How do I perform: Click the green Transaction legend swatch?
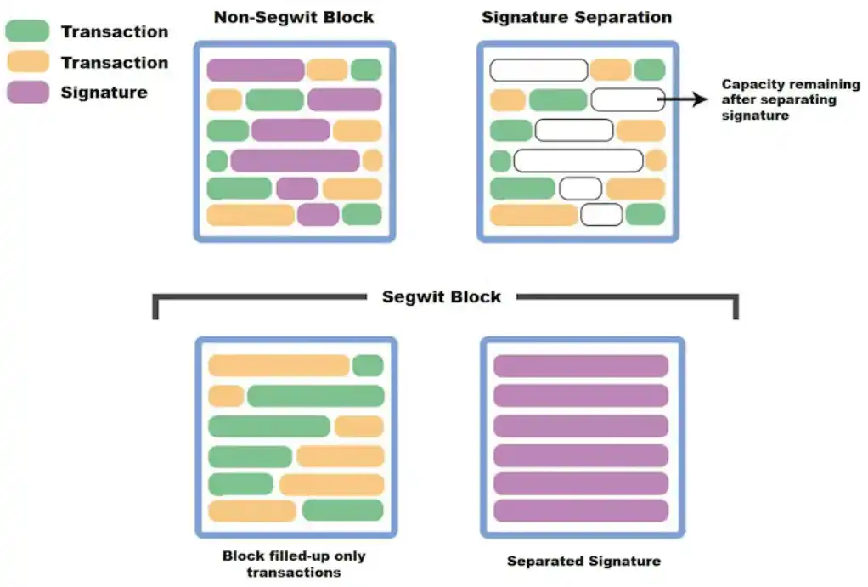coord(28,31)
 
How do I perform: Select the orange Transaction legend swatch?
coord(28,62)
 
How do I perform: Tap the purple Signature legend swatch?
coord(28,92)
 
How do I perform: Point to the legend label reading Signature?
coord(104,93)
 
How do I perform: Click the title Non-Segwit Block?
coord(293,17)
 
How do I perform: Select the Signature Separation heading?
coord(577,17)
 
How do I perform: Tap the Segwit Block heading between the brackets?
coord(441,296)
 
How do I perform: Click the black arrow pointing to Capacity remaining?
coord(683,99)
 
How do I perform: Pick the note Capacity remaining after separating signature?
coord(778,99)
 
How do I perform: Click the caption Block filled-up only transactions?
coord(294,564)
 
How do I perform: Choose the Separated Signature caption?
coord(583,561)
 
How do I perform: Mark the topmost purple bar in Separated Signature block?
coord(581,366)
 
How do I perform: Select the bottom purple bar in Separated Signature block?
coord(581,511)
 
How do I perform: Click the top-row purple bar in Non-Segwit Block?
coord(255,70)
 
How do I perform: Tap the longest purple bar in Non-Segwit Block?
coord(295,161)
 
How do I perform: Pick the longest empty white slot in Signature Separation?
coord(578,161)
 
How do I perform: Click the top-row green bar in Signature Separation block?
coord(650,70)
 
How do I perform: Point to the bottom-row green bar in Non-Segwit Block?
coord(362,214)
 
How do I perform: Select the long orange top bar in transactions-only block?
coord(279,365)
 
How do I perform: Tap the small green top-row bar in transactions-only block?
coord(368,365)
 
